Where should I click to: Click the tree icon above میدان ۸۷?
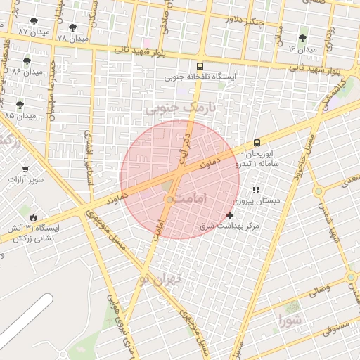34,22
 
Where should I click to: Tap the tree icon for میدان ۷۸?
72,27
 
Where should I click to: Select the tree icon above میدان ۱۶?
303,38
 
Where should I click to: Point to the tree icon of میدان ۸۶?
27,61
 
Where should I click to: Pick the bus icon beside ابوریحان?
257,143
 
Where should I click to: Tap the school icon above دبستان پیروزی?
256,190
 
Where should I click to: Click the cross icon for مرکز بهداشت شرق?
230,215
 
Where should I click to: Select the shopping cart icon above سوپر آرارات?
25,169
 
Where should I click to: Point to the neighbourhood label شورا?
290,323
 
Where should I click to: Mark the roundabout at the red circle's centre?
169,200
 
